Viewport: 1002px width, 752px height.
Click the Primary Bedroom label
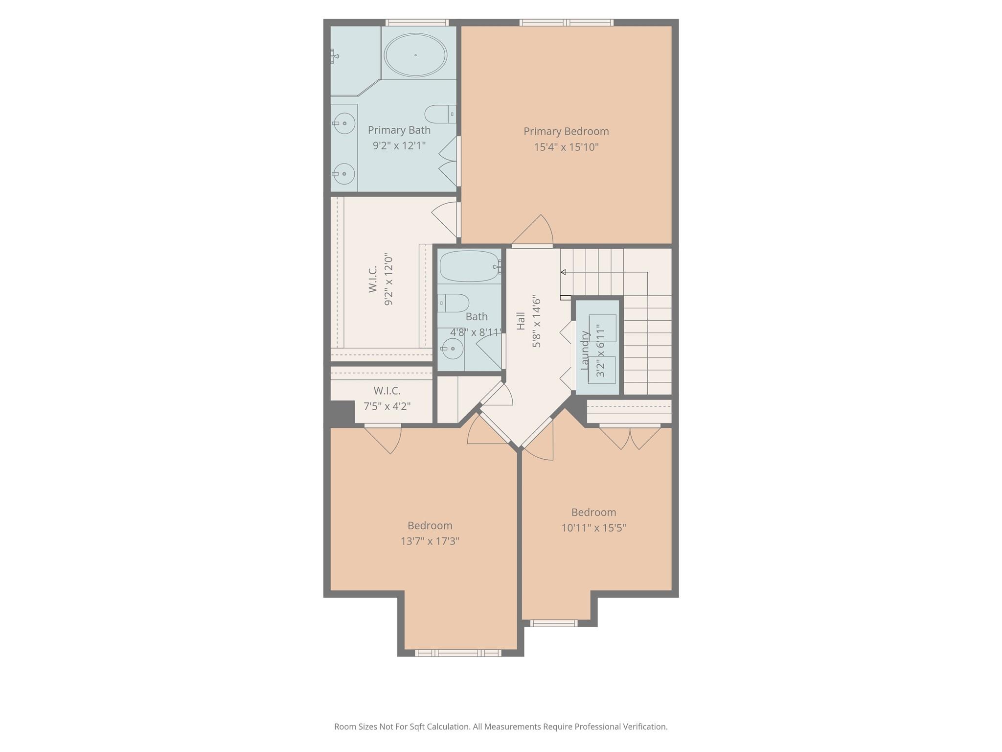click(x=566, y=131)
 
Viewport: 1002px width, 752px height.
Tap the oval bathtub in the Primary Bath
click(x=415, y=55)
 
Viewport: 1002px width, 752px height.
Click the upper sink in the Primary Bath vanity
click(x=344, y=123)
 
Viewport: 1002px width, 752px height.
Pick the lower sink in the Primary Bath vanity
click(x=344, y=174)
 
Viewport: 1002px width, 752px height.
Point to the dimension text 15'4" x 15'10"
click(x=566, y=147)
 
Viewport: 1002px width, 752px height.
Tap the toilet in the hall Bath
click(x=453, y=303)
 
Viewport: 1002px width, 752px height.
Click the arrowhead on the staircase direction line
click(x=563, y=272)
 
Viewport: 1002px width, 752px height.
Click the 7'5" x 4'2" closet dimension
click(x=387, y=406)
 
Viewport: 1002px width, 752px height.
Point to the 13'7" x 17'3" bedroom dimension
click(x=430, y=541)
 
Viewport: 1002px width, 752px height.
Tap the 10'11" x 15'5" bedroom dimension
click(x=593, y=528)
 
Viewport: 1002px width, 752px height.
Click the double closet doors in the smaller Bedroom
click(x=630, y=437)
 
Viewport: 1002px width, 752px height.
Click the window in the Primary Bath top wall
click(x=417, y=23)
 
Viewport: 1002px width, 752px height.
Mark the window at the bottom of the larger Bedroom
click(x=458, y=653)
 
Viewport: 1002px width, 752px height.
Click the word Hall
click(x=521, y=321)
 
